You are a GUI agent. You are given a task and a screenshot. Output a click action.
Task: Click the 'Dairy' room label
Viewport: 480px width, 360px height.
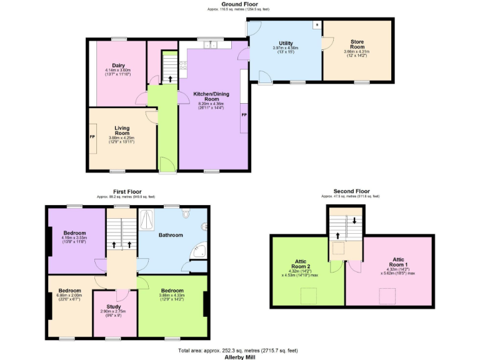tap(117, 64)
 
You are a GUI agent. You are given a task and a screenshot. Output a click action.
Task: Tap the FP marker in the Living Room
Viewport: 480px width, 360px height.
tap(92, 137)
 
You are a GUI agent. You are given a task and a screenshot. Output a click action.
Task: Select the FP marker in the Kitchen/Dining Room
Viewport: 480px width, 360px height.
tap(244, 116)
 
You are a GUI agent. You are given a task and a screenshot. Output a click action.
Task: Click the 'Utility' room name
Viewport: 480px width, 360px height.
tap(286, 43)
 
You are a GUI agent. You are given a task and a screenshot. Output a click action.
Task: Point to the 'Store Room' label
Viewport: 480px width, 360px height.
tap(357, 44)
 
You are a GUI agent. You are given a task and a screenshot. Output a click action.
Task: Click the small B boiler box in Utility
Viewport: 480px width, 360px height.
tap(317, 25)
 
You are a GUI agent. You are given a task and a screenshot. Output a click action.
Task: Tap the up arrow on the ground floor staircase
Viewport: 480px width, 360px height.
tap(170, 79)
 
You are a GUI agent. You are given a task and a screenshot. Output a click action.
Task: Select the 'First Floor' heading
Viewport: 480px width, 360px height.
tap(127, 192)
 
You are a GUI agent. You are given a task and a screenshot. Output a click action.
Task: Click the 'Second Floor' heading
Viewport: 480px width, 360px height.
tap(351, 191)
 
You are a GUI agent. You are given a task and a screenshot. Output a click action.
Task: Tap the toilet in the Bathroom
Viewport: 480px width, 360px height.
tap(186, 214)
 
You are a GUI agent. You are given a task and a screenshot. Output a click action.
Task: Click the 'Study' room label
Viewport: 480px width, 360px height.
tap(114, 306)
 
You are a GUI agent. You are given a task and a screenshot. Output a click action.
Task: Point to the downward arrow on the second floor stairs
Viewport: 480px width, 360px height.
tap(355, 220)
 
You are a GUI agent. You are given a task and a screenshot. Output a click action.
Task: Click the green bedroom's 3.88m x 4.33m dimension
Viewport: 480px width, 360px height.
tap(172, 295)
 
